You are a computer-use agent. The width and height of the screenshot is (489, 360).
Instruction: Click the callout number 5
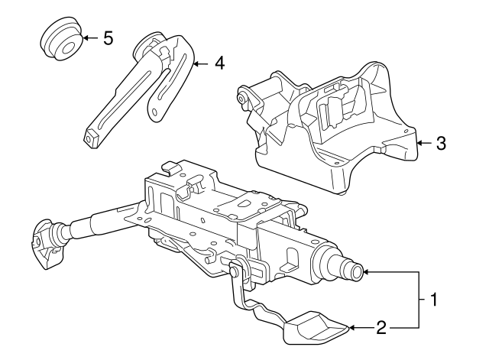(108, 37)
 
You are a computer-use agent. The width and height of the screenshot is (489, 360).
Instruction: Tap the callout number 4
(219, 63)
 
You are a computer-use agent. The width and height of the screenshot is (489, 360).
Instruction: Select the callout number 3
(440, 142)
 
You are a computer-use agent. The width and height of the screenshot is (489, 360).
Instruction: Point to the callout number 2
(381, 329)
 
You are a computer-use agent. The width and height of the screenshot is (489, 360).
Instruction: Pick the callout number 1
(433, 300)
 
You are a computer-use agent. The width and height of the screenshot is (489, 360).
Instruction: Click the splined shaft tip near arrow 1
(355, 271)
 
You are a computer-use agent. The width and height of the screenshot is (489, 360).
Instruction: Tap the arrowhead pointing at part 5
(85, 37)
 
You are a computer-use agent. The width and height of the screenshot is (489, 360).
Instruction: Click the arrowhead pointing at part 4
(196, 63)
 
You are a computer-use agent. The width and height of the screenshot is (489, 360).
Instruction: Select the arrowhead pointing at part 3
(419, 142)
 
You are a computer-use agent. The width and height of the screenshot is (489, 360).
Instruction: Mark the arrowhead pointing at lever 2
(353, 329)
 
